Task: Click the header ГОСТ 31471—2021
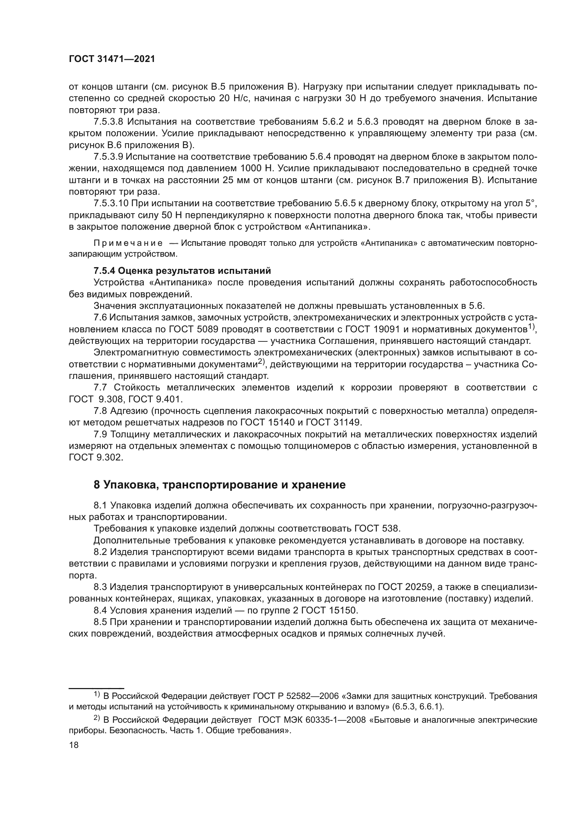(x=112, y=59)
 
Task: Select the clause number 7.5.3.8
(x=108, y=122)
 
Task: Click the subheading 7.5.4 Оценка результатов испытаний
(x=182, y=271)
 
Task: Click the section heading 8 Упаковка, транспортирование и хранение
(x=219, y=485)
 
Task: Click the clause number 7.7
(x=100, y=387)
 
